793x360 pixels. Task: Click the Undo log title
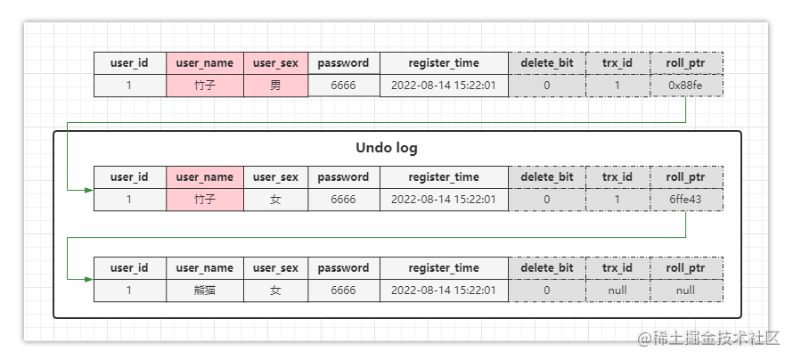click(387, 148)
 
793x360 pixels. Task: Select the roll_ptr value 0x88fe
click(686, 86)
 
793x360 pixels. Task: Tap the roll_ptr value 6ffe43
click(686, 200)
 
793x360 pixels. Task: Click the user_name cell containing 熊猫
click(204, 290)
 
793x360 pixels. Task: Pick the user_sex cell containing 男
click(275, 86)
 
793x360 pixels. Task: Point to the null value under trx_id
click(617, 290)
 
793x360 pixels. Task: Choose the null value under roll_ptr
click(686, 290)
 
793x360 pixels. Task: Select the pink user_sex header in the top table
click(275, 63)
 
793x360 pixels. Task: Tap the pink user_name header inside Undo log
click(204, 176)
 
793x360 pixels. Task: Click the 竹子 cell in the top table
click(204, 86)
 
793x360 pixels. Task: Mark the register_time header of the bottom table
click(444, 267)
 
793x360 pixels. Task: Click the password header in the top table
click(343, 63)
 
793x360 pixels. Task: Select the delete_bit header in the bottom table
click(546, 267)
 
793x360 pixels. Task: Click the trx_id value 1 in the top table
click(617, 86)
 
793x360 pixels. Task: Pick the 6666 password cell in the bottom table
click(343, 290)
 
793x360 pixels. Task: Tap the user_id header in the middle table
click(129, 176)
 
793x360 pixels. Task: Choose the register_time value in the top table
click(444, 86)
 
